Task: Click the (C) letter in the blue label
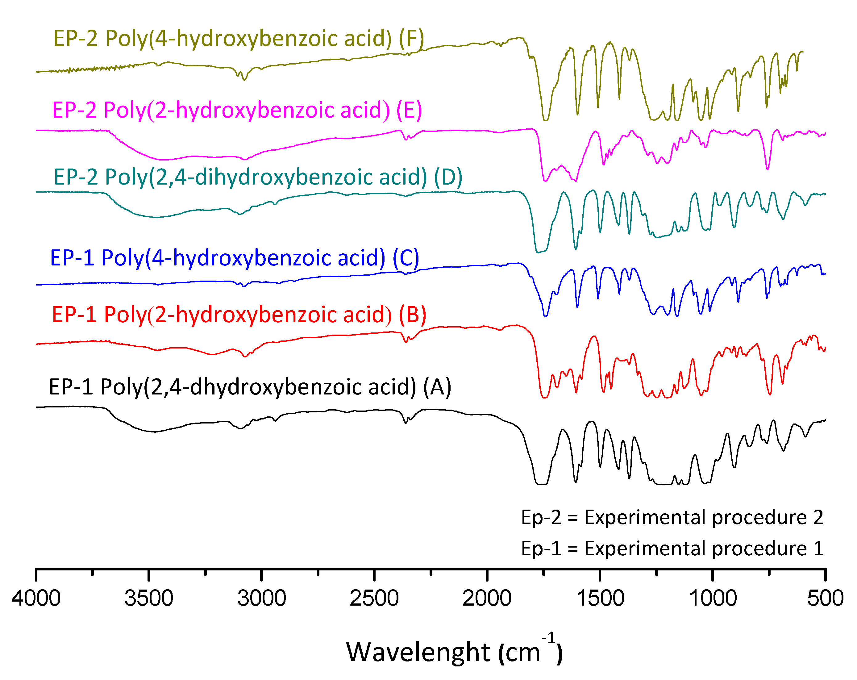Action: point(406,258)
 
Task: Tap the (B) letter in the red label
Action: point(413,315)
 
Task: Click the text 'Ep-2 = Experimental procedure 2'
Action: point(672,517)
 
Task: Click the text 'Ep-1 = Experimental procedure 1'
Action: point(672,549)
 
